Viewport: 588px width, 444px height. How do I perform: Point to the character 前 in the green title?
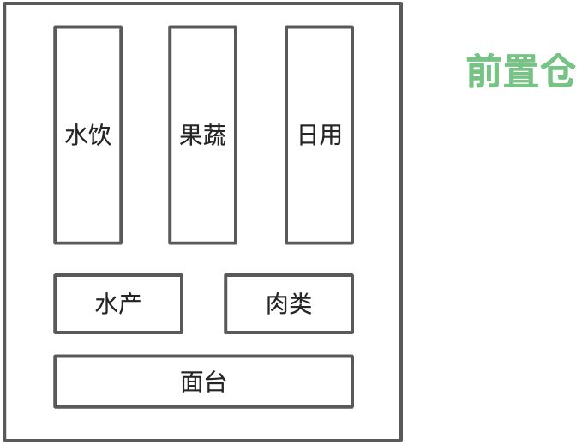pos(483,72)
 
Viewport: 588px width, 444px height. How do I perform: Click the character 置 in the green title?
pos(520,72)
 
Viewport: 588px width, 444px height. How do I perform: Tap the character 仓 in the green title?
pos(557,72)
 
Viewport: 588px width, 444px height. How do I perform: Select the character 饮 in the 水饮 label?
pos(100,135)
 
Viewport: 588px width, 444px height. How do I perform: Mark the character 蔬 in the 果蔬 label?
pos(215,135)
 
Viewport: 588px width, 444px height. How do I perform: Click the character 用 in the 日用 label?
pos(331,135)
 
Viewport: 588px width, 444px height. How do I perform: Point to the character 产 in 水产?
pos(130,303)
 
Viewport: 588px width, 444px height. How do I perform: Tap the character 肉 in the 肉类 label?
pos(277,303)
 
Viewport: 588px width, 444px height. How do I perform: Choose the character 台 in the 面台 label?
pos(215,381)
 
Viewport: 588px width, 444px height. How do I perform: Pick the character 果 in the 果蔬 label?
pos(191,135)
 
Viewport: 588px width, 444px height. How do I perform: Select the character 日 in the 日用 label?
pos(308,135)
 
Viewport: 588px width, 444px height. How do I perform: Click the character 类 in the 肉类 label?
pos(301,303)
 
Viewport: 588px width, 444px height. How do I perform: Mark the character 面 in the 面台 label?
pos(192,381)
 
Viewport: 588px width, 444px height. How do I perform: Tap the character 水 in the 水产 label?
pos(106,303)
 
